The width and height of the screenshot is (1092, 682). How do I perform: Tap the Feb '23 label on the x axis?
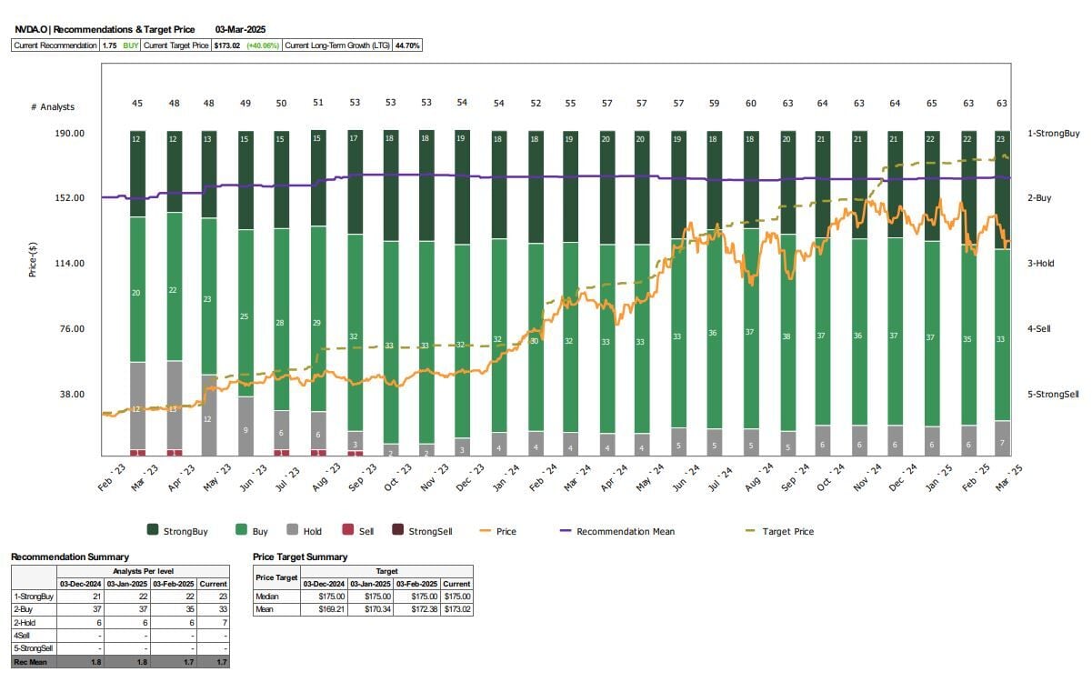tap(111, 476)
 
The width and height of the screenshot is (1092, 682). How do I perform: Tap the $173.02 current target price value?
tap(225, 45)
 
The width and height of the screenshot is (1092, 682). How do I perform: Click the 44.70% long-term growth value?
tap(406, 45)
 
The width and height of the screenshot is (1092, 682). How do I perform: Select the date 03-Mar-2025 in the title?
tap(241, 30)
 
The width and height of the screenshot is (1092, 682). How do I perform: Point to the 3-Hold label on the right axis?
tap(1042, 264)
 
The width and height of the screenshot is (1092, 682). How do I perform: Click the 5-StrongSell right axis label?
tap(1053, 395)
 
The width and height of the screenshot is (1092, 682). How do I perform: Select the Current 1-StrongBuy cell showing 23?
tap(214, 597)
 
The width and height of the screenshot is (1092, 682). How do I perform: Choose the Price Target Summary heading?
tap(300, 557)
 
